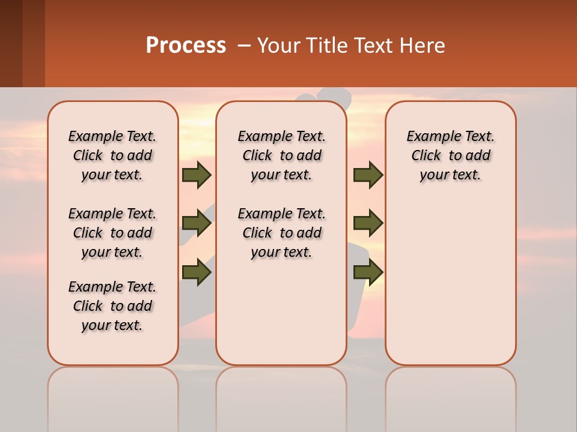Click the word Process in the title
pos(186,46)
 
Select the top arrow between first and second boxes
pos(197,175)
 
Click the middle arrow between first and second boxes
pos(197,224)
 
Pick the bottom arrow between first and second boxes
pos(197,272)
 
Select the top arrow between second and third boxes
pos(368,175)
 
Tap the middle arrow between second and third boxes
pos(368,224)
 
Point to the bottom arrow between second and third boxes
pos(368,272)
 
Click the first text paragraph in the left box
pos(112,155)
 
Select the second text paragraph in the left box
pos(112,233)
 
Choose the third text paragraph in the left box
pos(112,306)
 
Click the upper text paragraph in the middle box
pos(281,155)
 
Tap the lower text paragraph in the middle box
pos(281,233)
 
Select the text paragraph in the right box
pos(450,155)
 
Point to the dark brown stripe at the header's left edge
pos(11,43)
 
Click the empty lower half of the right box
pos(450,288)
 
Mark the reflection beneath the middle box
pos(281,390)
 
